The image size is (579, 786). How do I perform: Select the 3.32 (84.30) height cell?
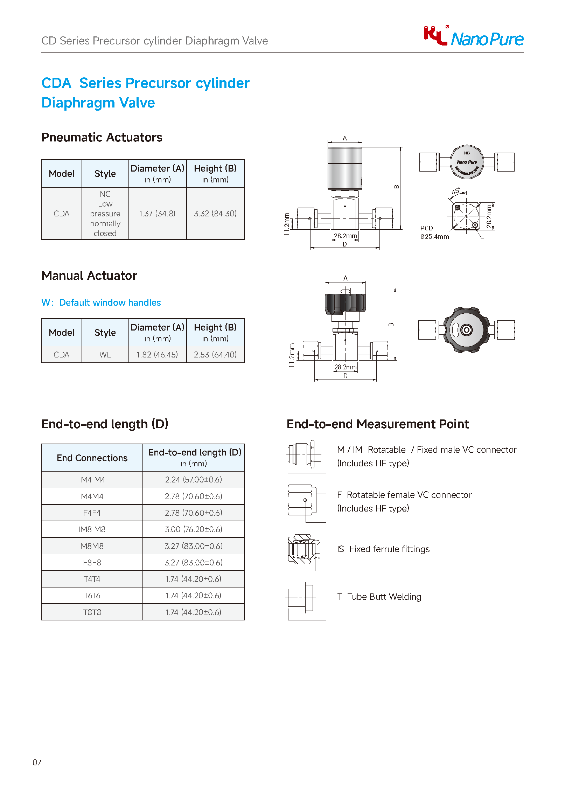215,214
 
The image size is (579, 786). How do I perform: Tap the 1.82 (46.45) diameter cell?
158,354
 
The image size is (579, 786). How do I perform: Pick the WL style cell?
105,354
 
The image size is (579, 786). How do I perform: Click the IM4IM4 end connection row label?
92,480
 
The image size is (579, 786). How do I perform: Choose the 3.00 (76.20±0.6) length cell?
194,529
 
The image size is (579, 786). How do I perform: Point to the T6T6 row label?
92,595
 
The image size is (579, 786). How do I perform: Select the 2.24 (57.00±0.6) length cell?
194,480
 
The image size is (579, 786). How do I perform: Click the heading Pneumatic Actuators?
102,138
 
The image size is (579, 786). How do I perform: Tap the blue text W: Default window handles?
101,302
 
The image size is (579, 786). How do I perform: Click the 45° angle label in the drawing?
455,192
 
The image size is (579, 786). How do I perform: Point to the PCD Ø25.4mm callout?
434,232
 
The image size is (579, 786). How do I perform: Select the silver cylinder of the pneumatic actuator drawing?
345,169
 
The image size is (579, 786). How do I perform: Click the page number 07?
37,763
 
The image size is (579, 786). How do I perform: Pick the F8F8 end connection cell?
92,562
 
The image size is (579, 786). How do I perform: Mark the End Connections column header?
92,458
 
